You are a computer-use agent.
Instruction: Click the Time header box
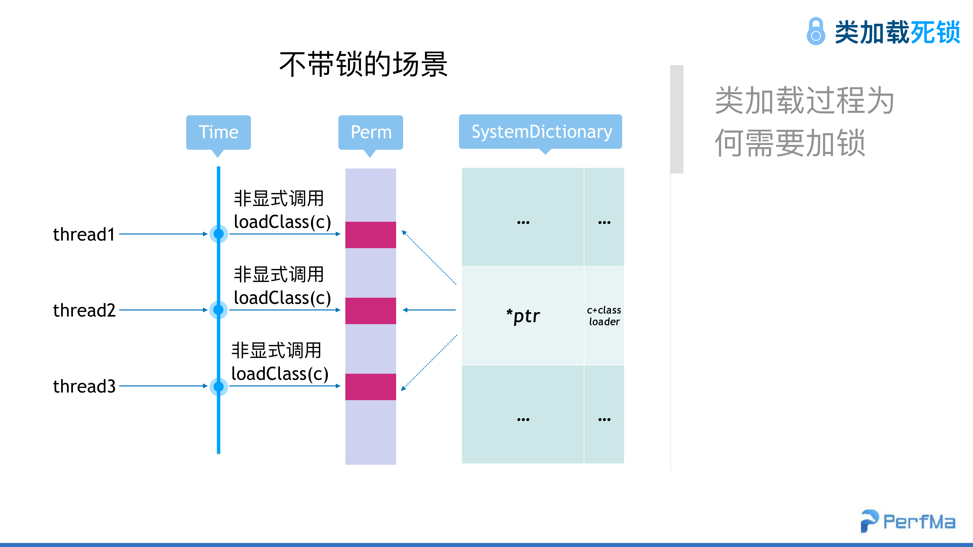[x=218, y=132]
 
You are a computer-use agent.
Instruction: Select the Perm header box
[x=370, y=132]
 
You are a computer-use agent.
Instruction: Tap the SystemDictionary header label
[x=541, y=132]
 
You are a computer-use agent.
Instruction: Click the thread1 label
[x=84, y=234]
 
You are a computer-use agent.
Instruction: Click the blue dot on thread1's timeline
[x=218, y=234]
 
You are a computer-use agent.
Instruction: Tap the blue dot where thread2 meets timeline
[x=218, y=310]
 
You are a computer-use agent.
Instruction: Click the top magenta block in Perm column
[x=370, y=235]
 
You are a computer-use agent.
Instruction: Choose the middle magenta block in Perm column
[x=370, y=311]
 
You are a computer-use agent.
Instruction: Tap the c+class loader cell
[x=604, y=316]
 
